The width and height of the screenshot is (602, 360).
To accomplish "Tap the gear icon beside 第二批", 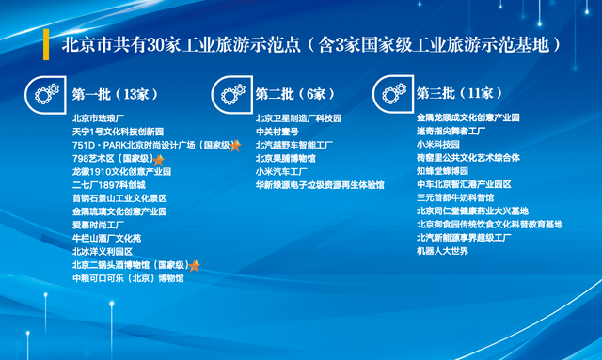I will click(230, 93).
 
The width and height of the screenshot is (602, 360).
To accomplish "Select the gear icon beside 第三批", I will click(391, 93).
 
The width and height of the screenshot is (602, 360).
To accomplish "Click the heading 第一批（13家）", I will click(115, 94).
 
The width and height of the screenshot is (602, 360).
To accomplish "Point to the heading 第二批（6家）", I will click(295, 94).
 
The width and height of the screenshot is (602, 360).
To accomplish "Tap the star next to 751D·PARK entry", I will click(235, 146).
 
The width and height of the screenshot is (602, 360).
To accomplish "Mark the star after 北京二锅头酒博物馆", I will click(195, 265).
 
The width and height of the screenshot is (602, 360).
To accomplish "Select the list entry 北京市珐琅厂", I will click(99, 118).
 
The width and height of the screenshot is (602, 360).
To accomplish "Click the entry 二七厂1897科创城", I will click(108, 185).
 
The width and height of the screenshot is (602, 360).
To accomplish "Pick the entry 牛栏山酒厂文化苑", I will click(106, 239).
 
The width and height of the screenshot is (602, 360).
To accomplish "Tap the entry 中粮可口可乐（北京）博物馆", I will click(128, 278).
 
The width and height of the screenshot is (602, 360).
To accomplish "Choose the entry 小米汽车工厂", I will click(281, 172).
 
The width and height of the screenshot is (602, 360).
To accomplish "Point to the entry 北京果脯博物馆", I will click(285, 159).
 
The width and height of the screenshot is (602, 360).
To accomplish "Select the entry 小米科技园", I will click(437, 145).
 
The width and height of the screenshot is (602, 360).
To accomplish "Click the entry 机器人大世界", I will click(442, 251).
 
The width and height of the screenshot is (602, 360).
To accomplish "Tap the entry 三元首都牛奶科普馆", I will click(455, 198).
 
